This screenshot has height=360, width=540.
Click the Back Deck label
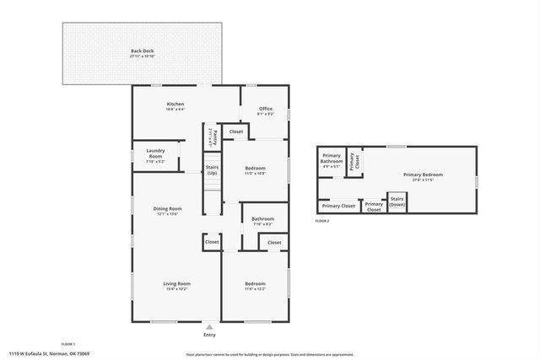click(x=142, y=51)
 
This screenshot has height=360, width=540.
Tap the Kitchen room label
click(x=175, y=105)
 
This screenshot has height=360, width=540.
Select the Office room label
click(x=265, y=109)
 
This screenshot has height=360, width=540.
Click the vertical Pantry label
click(x=215, y=137)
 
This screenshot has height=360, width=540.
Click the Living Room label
click(x=176, y=283)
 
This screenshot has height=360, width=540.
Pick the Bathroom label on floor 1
click(x=262, y=219)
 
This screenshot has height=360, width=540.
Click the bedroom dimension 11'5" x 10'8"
click(x=255, y=173)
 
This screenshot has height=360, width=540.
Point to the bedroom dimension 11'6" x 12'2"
click(x=255, y=288)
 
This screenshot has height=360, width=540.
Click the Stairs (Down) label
click(x=397, y=203)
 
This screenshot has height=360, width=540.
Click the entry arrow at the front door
click(x=210, y=326)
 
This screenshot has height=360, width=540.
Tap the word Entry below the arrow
click(x=210, y=334)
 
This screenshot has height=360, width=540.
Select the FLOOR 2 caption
click(x=322, y=220)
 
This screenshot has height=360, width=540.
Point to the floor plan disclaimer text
click(x=270, y=354)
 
